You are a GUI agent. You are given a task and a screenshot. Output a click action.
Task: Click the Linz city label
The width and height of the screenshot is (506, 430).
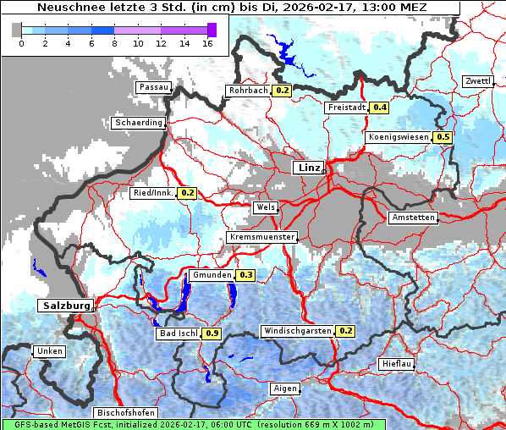(308, 168)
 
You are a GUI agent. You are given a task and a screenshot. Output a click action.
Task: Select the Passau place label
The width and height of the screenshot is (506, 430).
(154, 87)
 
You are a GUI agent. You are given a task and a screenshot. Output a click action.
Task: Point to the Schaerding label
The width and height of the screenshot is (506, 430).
(138, 123)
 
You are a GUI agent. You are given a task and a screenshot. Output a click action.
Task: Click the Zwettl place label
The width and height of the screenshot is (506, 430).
(477, 81)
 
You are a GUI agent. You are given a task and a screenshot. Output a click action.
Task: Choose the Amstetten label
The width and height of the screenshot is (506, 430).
(413, 218)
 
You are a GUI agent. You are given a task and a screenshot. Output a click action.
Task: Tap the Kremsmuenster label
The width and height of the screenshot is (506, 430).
(262, 237)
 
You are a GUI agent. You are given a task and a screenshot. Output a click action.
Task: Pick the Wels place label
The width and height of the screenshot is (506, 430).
(265, 207)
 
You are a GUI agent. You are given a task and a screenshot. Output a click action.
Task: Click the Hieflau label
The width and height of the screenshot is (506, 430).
(397, 363)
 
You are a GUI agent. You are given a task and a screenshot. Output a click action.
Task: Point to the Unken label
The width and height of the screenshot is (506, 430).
(49, 350)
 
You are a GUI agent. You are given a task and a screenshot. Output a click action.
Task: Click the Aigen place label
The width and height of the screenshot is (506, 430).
(285, 389)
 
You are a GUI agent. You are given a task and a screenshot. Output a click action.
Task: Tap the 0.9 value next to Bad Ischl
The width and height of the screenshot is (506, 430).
(212, 334)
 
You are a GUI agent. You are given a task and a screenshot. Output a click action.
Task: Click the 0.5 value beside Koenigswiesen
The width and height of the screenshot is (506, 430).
(443, 137)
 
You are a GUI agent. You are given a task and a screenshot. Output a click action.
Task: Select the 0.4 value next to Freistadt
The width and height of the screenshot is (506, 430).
(381, 107)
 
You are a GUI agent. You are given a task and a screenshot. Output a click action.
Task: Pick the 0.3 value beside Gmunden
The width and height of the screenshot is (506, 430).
(246, 275)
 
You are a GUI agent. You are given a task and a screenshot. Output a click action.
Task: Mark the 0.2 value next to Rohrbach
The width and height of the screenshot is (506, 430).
(283, 91)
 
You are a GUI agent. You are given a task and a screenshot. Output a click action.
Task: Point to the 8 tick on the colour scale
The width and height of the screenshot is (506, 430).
(114, 44)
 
